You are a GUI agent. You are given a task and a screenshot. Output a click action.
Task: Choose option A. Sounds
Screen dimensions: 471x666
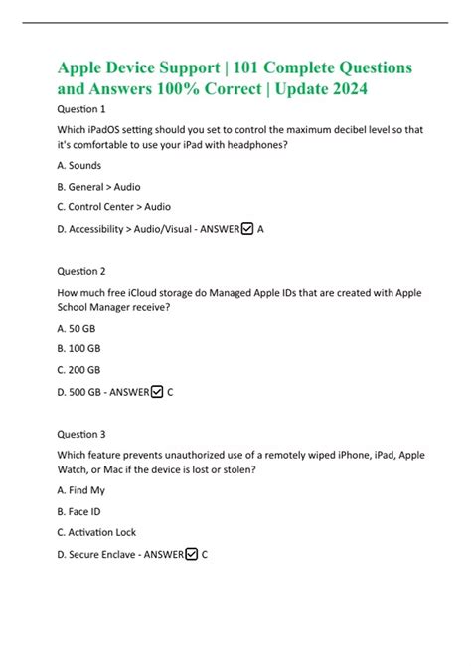click(78, 165)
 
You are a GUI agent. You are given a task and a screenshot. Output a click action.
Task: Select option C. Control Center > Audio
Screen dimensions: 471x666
click(113, 206)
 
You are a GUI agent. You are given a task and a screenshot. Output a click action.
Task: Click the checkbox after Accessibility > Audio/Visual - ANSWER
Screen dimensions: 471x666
click(247, 228)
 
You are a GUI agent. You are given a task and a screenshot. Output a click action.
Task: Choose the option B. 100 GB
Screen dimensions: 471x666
click(80, 349)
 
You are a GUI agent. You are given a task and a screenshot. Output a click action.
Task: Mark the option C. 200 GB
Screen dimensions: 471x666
click(80, 370)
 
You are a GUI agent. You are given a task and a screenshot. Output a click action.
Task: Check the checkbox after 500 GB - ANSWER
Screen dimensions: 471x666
click(157, 392)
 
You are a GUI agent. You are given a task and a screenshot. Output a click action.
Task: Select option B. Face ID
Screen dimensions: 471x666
click(79, 511)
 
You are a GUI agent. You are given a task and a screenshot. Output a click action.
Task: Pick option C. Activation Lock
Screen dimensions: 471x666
click(96, 532)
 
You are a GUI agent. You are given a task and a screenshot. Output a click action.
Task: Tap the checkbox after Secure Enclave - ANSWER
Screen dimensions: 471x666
click(191, 554)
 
